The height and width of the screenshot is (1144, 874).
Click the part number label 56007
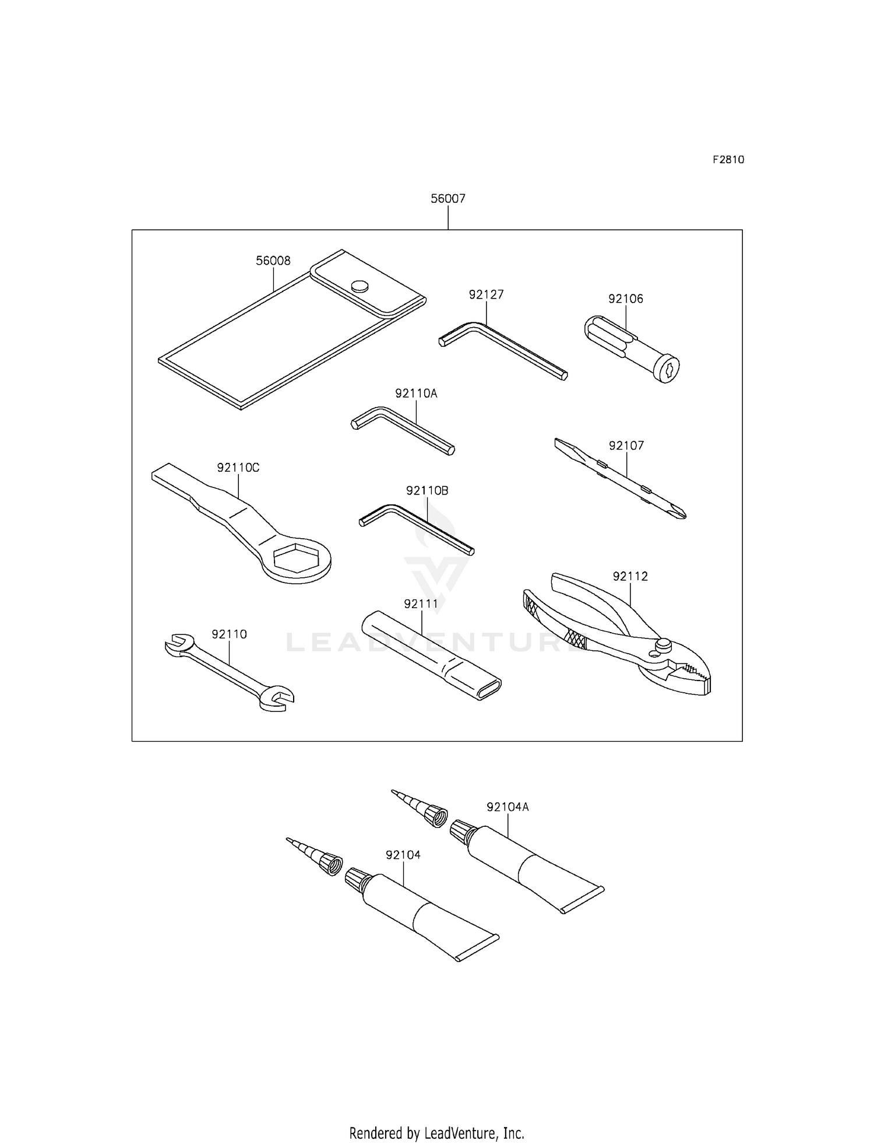tap(447, 199)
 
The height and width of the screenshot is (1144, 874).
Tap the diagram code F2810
tap(728, 160)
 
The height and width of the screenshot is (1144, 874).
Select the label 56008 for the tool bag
tap(273, 261)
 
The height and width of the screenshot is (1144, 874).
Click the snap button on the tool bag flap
tap(360, 286)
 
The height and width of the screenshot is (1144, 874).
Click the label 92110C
tap(238, 468)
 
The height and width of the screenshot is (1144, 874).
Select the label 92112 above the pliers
tap(630, 576)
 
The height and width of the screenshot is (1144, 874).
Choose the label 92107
tap(626, 446)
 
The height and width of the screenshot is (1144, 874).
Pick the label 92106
tap(626, 299)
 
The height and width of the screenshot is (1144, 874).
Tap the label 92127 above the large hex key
tap(486, 295)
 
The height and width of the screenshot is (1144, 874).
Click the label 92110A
tap(416, 394)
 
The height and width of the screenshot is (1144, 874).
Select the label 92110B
tap(427, 491)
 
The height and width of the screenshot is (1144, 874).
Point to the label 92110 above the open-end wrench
tap(229, 634)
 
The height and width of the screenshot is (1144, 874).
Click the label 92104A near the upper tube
tap(508, 807)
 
